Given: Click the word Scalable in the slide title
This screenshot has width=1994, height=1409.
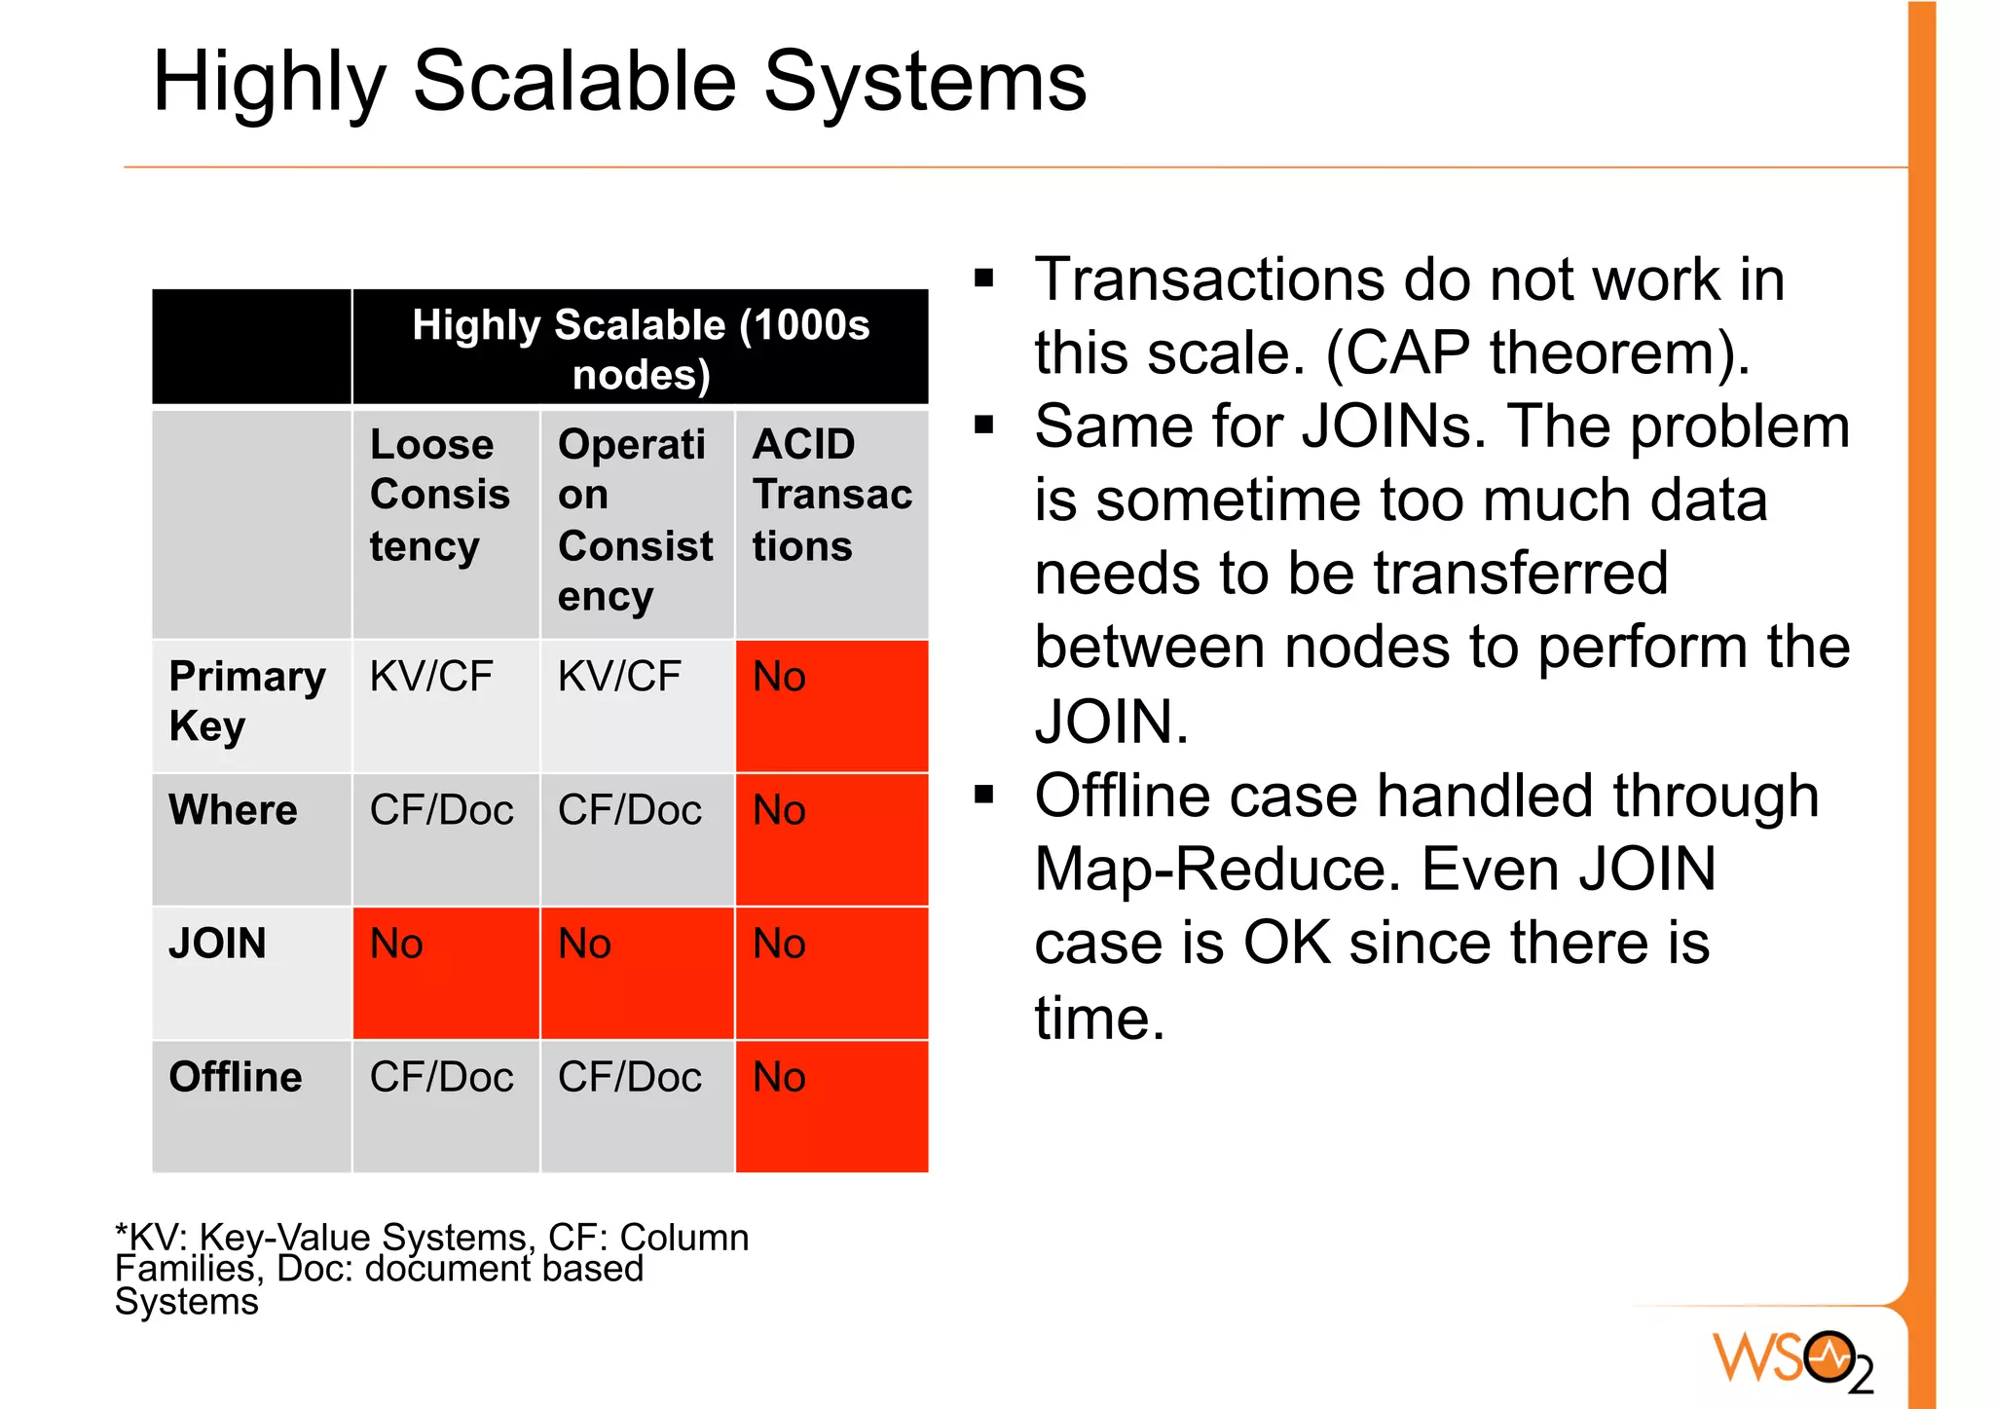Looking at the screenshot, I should click(574, 82).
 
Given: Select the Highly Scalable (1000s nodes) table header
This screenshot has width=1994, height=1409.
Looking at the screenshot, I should click(640, 349).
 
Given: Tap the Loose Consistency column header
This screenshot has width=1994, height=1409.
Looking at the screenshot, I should click(439, 495).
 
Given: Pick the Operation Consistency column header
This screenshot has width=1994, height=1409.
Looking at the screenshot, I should click(634, 520).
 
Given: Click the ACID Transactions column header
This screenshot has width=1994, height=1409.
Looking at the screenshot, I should click(831, 495).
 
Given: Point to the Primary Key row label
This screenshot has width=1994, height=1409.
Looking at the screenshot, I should click(246, 701).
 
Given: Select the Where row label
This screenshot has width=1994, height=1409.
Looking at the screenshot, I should click(233, 810).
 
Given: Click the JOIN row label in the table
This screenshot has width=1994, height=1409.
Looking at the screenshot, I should click(217, 944).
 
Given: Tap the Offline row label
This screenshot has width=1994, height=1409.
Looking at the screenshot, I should click(235, 1077).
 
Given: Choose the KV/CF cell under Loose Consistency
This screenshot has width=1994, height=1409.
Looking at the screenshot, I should click(431, 677).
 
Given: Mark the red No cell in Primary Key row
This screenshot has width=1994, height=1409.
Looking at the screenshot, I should click(831, 705).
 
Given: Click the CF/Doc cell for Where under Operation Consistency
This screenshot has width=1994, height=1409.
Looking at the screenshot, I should click(629, 810).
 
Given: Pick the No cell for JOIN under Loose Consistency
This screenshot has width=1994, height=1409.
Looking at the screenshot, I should click(445, 972).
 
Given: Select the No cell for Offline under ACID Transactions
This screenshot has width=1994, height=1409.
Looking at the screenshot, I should click(831, 1105).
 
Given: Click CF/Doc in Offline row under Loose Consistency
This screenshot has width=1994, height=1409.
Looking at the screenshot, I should click(441, 1077).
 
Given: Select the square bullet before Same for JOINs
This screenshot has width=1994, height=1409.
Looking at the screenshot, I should click(984, 426).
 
